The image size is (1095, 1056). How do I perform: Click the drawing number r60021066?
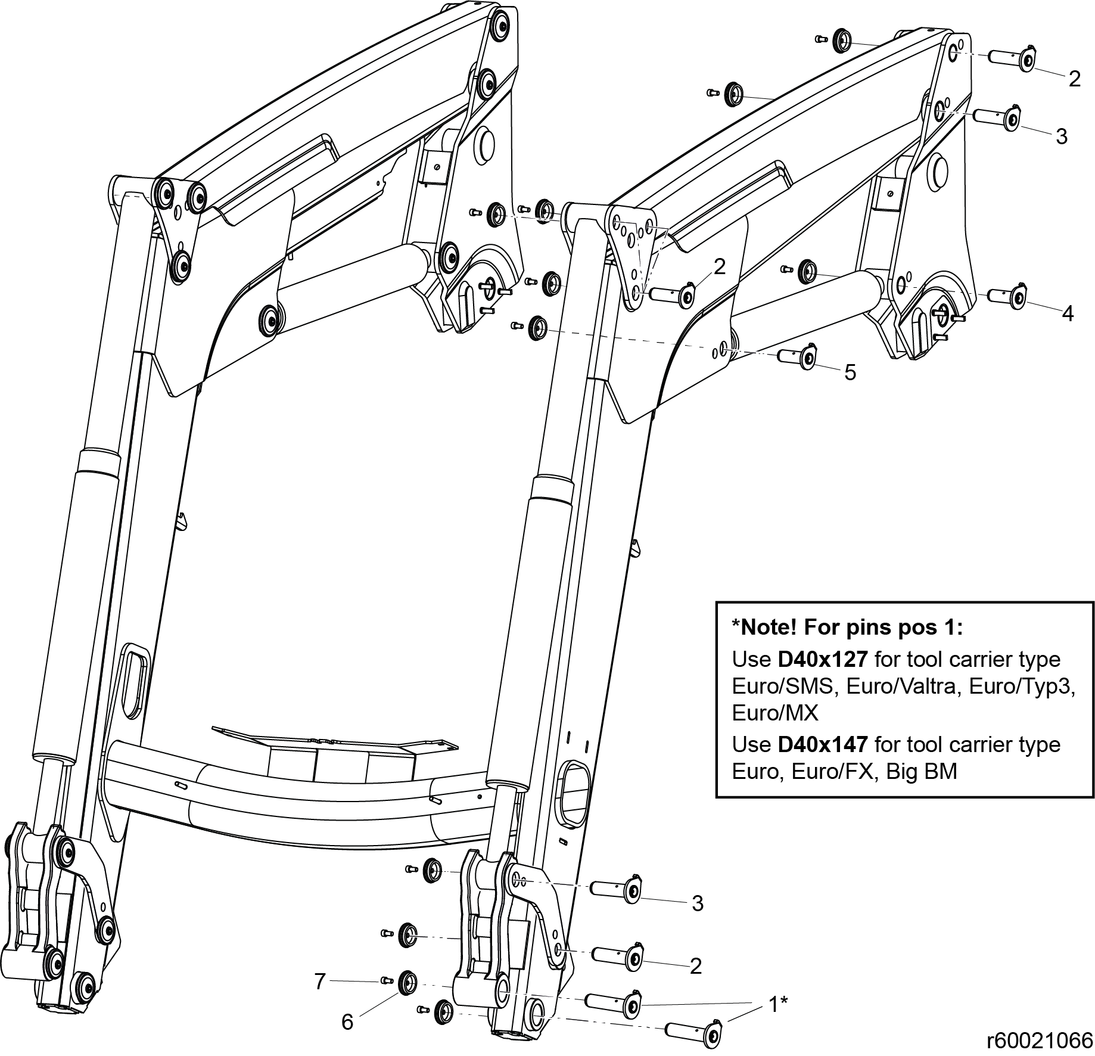click(1039, 1040)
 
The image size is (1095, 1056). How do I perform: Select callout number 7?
click(320, 980)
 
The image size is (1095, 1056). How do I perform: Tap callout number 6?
click(347, 1021)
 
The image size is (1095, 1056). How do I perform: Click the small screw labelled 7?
click(384, 981)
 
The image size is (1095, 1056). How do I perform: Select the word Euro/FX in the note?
click(836, 771)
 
